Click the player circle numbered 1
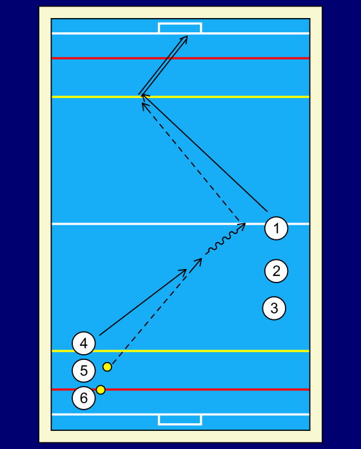click(x=276, y=228)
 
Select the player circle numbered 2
click(x=276, y=271)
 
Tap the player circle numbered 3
click(x=274, y=308)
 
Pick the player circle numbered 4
click(x=84, y=343)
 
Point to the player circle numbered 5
click(x=84, y=370)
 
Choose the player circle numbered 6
click(x=84, y=398)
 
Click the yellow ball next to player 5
click(x=107, y=367)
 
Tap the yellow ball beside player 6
click(x=101, y=390)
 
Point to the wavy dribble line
click(x=225, y=239)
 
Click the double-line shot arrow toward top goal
click(x=163, y=65)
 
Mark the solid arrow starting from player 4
click(x=143, y=302)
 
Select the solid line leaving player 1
click(x=204, y=153)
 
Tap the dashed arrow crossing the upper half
click(x=191, y=161)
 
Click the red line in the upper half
click(x=180, y=59)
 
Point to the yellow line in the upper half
click(x=180, y=97)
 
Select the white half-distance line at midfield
click(x=180, y=224)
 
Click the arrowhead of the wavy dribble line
click(x=242, y=226)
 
